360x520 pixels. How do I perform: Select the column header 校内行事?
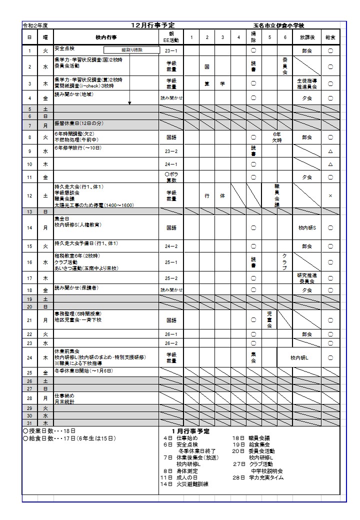[106, 37]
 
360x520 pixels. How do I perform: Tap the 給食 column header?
[330, 37]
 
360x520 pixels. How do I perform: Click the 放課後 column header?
[307, 37]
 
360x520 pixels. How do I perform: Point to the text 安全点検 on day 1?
[64, 48]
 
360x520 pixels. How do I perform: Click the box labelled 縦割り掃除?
[131, 50]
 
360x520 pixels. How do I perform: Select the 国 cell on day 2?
[206, 66]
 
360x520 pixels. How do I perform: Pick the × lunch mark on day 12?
[330, 196]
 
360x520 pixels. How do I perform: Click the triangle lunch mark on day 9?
[330, 151]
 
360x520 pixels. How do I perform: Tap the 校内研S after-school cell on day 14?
[307, 228]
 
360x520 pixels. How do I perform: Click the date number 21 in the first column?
[29, 320]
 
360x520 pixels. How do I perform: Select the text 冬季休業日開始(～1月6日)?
[83, 371]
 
